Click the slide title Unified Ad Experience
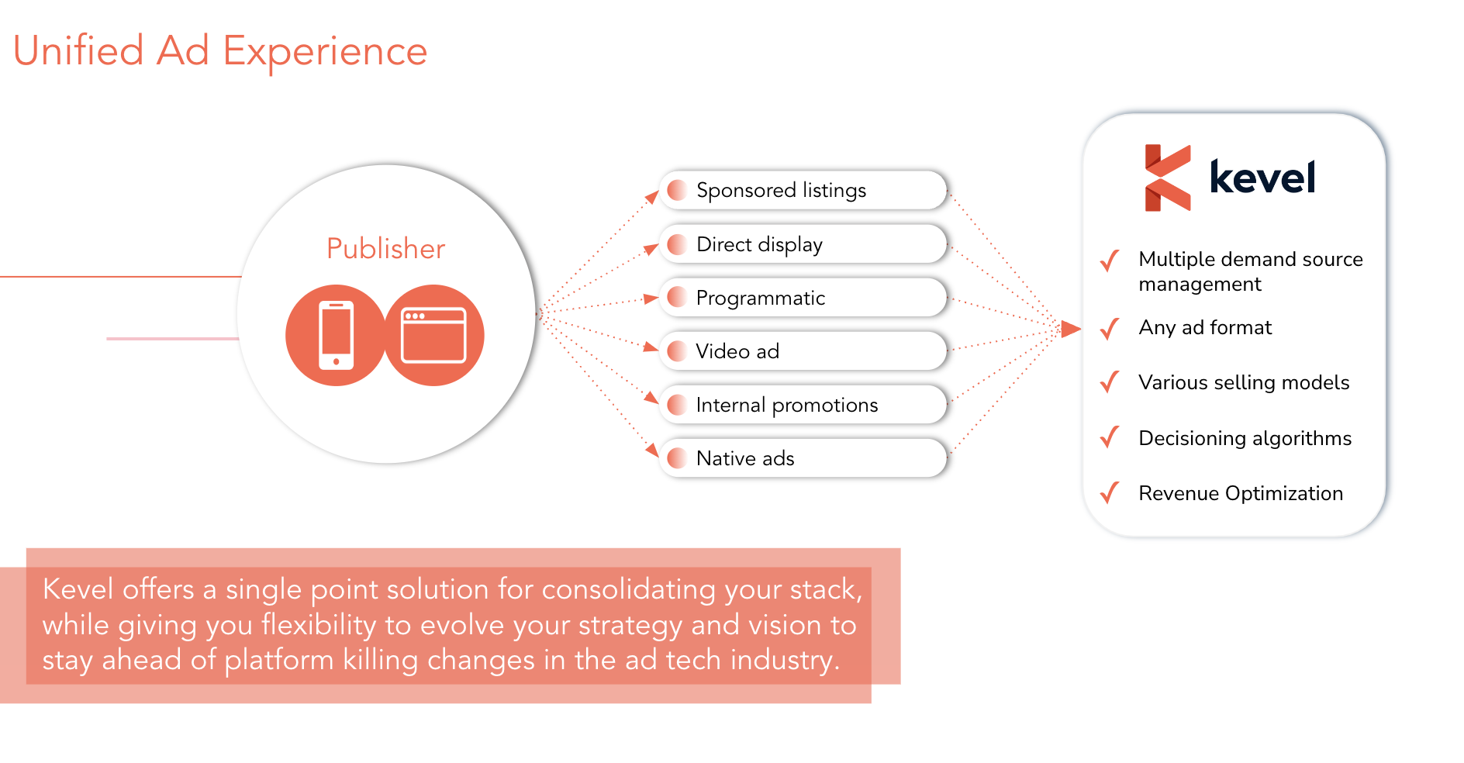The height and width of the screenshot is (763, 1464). click(x=220, y=52)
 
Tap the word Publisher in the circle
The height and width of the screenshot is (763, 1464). click(x=386, y=249)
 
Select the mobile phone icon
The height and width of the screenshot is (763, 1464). click(x=336, y=335)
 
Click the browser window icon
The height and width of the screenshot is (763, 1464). click(x=433, y=335)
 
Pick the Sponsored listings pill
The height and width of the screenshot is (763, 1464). click(x=803, y=190)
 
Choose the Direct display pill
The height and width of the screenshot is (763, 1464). click(x=803, y=244)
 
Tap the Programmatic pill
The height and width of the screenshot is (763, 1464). click(x=803, y=298)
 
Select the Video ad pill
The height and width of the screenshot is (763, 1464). click(x=803, y=351)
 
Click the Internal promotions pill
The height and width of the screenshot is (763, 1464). click(x=803, y=405)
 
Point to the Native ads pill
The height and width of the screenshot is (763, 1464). click(x=803, y=458)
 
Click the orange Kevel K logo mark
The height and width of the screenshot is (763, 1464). click(x=1168, y=178)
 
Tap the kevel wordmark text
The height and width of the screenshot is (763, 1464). click(x=1262, y=178)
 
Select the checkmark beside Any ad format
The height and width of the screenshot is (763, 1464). click(x=1110, y=329)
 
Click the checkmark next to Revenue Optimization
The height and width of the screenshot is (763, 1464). click(x=1110, y=492)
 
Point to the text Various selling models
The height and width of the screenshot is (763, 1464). click(x=1244, y=382)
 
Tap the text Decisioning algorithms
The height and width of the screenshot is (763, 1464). click(x=1245, y=439)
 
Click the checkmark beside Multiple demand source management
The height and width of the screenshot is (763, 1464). click(x=1110, y=261)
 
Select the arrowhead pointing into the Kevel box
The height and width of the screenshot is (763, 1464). click(x=1071, y=329)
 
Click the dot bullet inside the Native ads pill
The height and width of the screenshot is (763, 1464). click(x=677, y=458)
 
